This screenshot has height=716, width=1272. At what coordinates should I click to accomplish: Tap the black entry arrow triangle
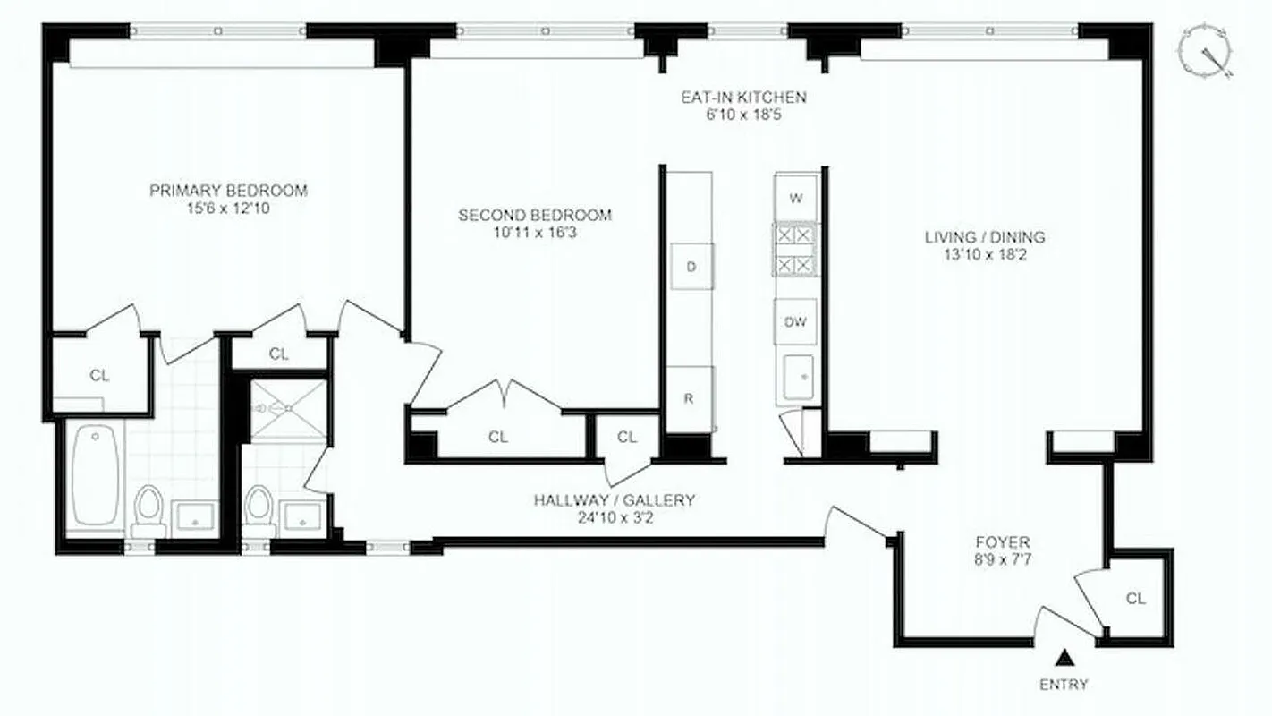pos(1064,660)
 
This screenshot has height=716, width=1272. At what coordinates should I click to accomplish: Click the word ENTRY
pos(1064,685)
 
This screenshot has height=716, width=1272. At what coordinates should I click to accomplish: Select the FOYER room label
pos(1002,541)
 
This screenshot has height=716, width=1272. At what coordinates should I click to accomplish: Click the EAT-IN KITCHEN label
pos(743,98)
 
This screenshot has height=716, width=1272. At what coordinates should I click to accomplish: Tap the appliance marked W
pos(796,197)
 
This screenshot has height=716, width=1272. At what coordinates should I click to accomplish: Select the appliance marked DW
pos(796,322)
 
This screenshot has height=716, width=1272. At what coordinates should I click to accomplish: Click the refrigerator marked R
pos(690,399)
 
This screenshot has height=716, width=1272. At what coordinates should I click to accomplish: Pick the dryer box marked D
pos(691,267)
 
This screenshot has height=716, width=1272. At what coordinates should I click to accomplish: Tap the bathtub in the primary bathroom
pos(96,476)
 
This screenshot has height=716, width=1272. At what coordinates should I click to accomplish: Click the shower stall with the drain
pos(288,409)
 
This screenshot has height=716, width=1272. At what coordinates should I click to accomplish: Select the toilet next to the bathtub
pos(148,507)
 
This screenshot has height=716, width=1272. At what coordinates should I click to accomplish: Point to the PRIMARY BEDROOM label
pos(228,191)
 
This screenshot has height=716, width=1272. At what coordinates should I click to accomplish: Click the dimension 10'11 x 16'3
pos(535,233)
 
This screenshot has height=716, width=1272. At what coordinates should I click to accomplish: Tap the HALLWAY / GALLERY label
pos(614,500)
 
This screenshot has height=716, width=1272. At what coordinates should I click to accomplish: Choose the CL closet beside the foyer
pos(1136,599)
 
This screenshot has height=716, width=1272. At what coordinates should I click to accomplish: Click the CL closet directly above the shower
pos(279,354)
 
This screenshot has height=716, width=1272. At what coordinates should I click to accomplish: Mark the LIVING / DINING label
pos(985,237)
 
